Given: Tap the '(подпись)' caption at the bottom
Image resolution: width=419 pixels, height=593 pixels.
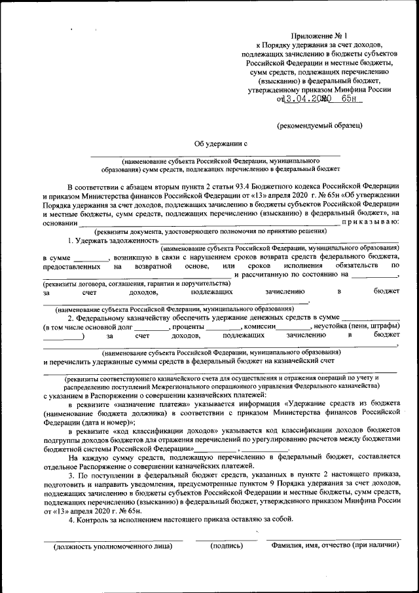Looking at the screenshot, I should pyautogui.click(x=227, y=545).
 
